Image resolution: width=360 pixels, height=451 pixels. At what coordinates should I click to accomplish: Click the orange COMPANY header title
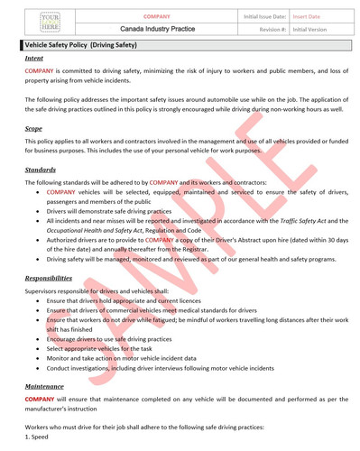pos(158,15)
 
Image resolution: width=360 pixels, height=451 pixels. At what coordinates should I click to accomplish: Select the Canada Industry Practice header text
pos(158,30)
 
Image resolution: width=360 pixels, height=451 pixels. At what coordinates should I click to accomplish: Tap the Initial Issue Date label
pos(265,15)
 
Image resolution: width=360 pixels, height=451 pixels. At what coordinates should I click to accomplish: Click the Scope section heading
pos(34,129)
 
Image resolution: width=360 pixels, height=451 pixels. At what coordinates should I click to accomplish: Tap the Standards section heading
pos(41,170)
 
